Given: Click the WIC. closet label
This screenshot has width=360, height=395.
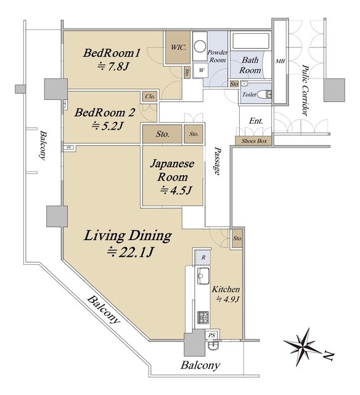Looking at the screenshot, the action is (178, 47).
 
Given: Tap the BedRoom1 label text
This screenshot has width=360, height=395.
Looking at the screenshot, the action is (112, 53).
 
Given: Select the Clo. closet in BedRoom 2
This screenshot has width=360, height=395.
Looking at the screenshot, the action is (150, 96).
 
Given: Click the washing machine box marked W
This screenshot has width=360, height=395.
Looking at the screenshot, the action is (201, 70).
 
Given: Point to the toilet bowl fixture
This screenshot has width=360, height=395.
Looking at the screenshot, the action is (264, 94).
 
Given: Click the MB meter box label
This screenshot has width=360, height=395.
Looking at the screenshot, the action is (280, 61).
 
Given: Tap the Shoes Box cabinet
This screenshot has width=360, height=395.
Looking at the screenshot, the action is (253, 141).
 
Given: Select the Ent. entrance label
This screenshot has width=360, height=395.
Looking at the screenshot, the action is (256, 121).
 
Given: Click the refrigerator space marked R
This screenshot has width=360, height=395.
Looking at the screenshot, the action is (203, 257).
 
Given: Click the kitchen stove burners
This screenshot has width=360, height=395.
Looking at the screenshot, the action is (203, 317).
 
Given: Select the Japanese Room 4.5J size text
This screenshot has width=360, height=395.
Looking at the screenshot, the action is (176, 190).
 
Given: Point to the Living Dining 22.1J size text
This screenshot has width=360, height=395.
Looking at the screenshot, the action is (130, 252).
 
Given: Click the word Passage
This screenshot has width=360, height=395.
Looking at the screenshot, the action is (218, 162).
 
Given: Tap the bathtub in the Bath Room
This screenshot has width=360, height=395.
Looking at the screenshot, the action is (250, 41).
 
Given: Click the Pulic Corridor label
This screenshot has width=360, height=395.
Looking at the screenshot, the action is (306, 91).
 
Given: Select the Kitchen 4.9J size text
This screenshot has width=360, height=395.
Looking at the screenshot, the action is (227, 299).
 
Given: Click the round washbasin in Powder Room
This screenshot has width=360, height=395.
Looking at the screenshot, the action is (200, 46).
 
